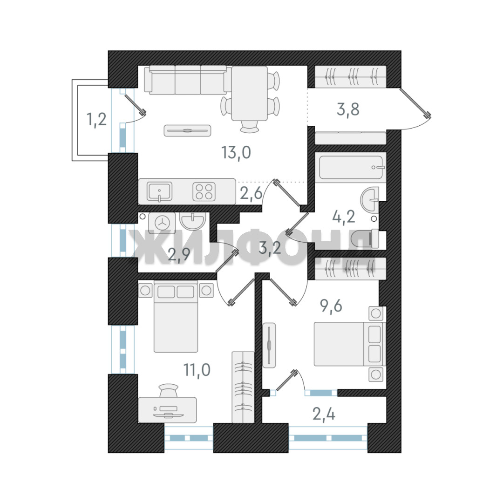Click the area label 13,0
236,152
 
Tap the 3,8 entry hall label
348,109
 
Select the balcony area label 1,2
96,120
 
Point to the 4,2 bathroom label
344,217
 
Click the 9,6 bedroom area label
331,306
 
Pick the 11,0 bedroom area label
197,370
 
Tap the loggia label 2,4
324,414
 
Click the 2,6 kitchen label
251,193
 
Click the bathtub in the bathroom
351,167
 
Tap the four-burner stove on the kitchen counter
204,191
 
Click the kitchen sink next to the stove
159,191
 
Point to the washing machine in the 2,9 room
162,222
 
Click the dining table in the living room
249,93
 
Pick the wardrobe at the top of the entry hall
351,77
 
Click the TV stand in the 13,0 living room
187,130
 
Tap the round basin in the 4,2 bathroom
369,200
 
